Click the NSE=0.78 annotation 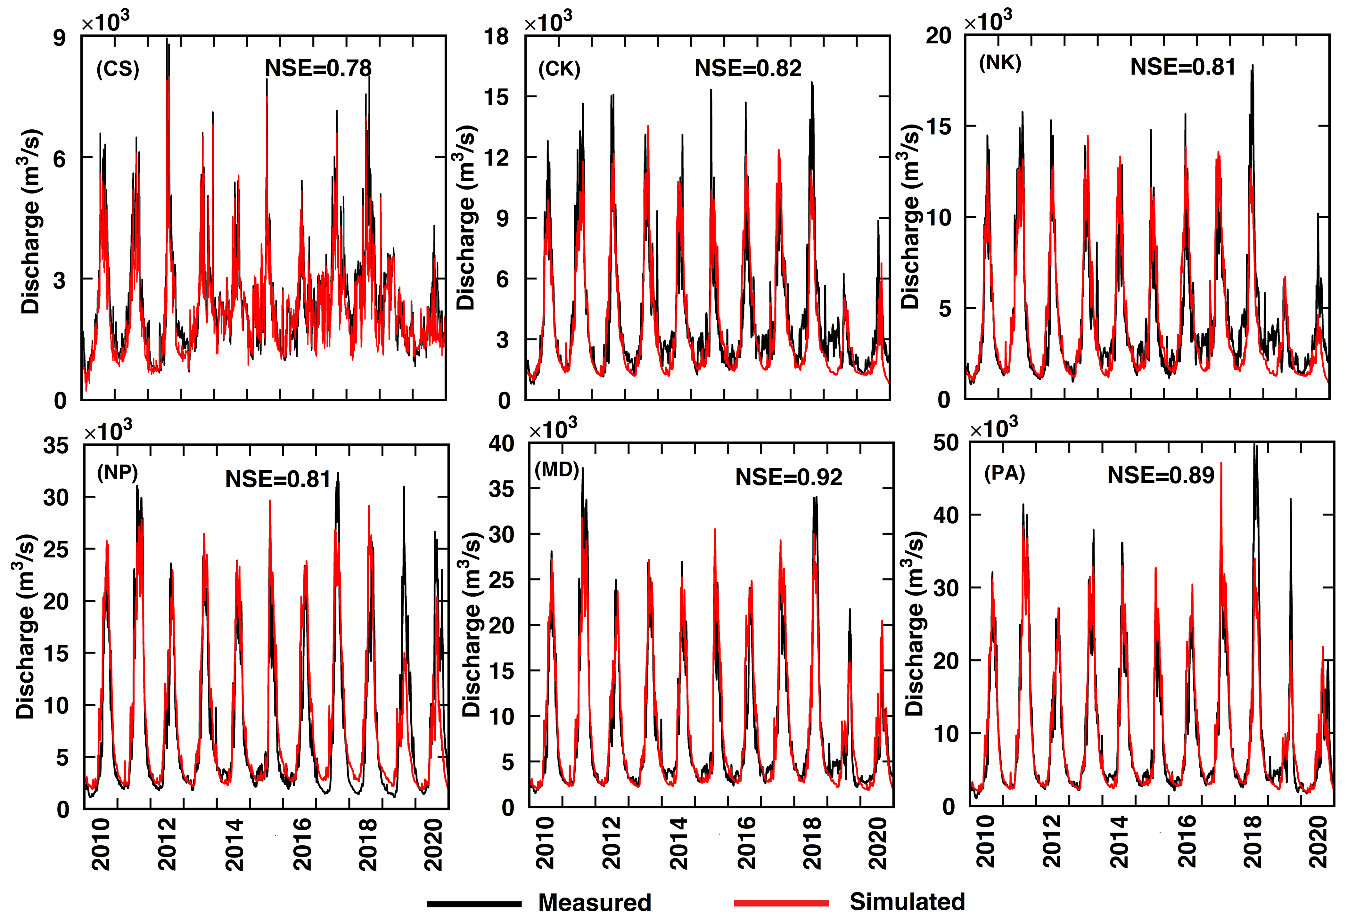click(318, 69)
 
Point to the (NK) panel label click(1000, 62)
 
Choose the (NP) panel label click(118, 473)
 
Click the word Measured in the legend click(595, 903)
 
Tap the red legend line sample click(781, 903)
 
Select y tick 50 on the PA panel click(946, 443)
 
